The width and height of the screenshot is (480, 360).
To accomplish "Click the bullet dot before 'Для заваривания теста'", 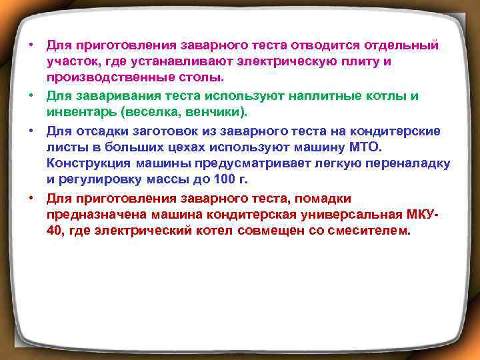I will coord(31,95).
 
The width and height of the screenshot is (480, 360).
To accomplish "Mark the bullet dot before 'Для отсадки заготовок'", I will coord(31,130).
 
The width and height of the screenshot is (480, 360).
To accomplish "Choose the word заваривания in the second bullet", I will coord(113,95).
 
